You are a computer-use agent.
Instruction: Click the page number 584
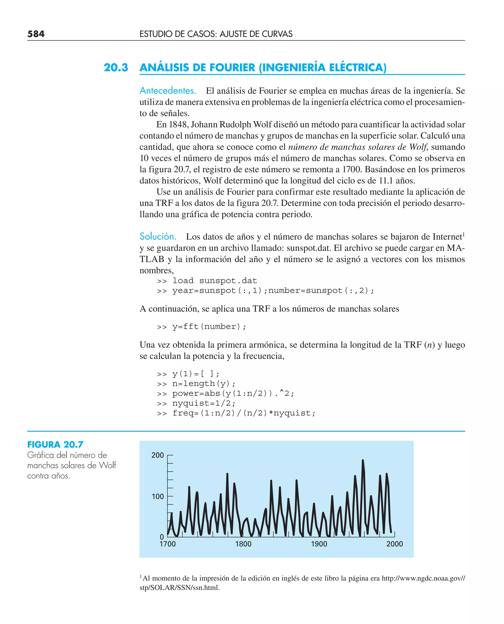pos(36,34)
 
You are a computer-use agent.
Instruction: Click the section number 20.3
pos(116,68)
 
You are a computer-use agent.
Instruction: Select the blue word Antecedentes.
pos(168,91)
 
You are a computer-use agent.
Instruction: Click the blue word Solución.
pos(158,236)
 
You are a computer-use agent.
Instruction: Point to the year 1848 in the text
pos(178,125)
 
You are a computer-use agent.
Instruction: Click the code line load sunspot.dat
pos(214,281)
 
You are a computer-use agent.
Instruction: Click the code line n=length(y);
pos(204,384)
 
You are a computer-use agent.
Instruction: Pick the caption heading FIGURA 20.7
pos(55,444)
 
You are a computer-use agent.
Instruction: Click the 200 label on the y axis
pos(158,455)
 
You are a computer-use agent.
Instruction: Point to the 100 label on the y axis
pos(158,496)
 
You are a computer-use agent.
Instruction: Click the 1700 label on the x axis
pos(168,544)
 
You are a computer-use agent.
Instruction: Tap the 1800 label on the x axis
pos(243,544)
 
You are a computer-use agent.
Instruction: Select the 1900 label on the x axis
pos(319,544)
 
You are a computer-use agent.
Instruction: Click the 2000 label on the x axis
pos(394,544)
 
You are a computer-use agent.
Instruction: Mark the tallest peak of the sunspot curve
pos(362,461)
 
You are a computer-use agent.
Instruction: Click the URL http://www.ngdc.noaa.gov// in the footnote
pos(423,578)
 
